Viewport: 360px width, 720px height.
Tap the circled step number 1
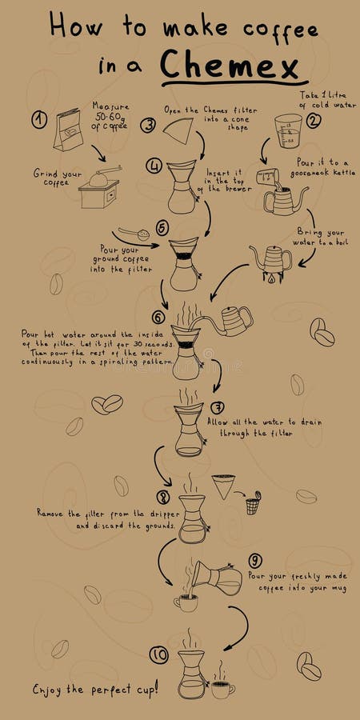pyautogui.click(x=39, y=119)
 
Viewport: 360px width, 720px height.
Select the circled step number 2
pyautogui.click(x=313, y=121)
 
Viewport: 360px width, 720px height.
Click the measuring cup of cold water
pyautogui.click(x=288, y=131)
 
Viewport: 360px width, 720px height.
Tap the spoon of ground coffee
pyautogui.click(x=134, y=234)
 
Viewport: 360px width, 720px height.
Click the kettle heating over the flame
pyautogui.click(x=270, y=261)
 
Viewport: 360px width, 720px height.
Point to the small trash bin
pyautogui.click(x=253, y=504)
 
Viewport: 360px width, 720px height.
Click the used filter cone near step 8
pyautogui.click(x=225, y=486)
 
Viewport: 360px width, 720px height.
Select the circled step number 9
pyautogui.click(x=255, y=560)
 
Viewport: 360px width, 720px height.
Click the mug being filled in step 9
pyautogui.click(x=186, y=602)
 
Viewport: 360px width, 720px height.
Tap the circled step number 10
pyautogui.click(x=159, y=655)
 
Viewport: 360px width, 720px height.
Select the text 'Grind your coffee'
pyautogui.click(x=56, y=177)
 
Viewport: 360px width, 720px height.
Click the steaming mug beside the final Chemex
pyautogui.click(x=222, y=687)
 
